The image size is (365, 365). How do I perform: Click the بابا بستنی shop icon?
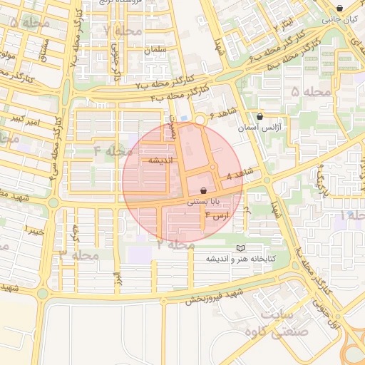205,191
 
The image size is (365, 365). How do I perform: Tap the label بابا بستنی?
200,202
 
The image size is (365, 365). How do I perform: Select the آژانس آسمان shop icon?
259,115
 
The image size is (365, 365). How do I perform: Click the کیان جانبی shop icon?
339,9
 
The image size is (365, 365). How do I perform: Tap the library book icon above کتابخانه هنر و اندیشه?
240,247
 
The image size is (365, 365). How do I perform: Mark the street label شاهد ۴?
239,174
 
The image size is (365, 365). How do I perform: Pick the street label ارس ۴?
217,215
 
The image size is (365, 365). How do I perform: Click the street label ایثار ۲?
285,27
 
